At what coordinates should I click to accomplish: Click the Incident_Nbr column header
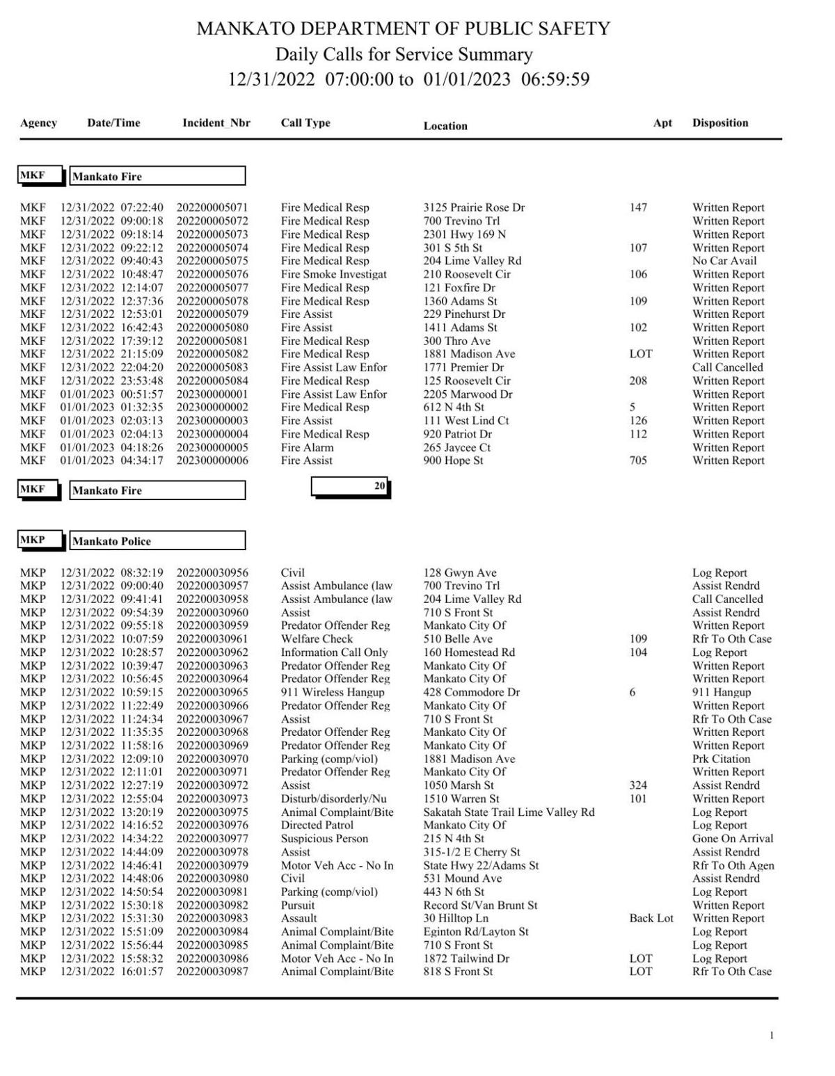216,123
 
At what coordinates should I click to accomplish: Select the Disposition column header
719,123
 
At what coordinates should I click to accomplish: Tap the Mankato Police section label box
157,541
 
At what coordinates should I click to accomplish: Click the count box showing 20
350,487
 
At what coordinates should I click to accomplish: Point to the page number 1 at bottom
771,1036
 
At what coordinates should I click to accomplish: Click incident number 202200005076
212,274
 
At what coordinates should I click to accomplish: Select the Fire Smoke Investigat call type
333,274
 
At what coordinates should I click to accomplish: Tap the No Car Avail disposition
724,261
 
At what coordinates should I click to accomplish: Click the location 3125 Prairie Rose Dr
474,207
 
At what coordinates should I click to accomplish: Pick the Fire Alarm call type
307,447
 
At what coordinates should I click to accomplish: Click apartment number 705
637,460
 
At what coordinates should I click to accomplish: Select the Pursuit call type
297,905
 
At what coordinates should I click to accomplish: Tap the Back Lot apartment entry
651,918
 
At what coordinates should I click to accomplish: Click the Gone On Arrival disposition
732,839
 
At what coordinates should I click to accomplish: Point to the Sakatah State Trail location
509,812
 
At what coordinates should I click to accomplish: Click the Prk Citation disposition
721,759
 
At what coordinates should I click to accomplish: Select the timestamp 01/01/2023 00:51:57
111,394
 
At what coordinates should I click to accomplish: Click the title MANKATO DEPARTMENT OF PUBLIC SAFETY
404,29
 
